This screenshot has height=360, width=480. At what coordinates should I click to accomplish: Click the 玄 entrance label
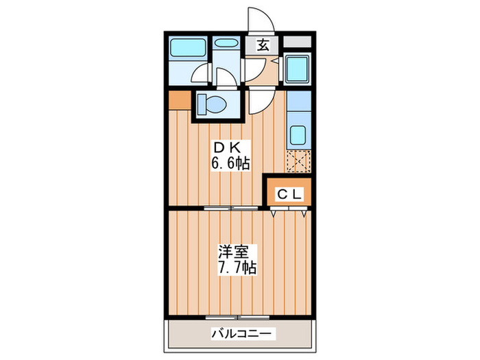pyautogui.click(x=263, y=46)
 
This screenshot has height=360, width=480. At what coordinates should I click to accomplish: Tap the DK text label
pyautogui.click(x=228, y=147)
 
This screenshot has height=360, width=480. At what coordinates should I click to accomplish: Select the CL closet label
pyautogui.click(x=289, y=194)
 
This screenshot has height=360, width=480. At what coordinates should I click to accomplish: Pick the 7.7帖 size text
pyautogui.click(x=234, y=267)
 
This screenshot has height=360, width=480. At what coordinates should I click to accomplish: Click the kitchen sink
pyautogui.click(x=298, y=134)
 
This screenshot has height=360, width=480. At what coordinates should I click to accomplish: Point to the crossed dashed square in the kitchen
pyautogui.click(x=298, y=163)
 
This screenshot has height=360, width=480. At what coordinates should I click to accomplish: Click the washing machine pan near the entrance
pyautogui.click(x=298, y=69)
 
